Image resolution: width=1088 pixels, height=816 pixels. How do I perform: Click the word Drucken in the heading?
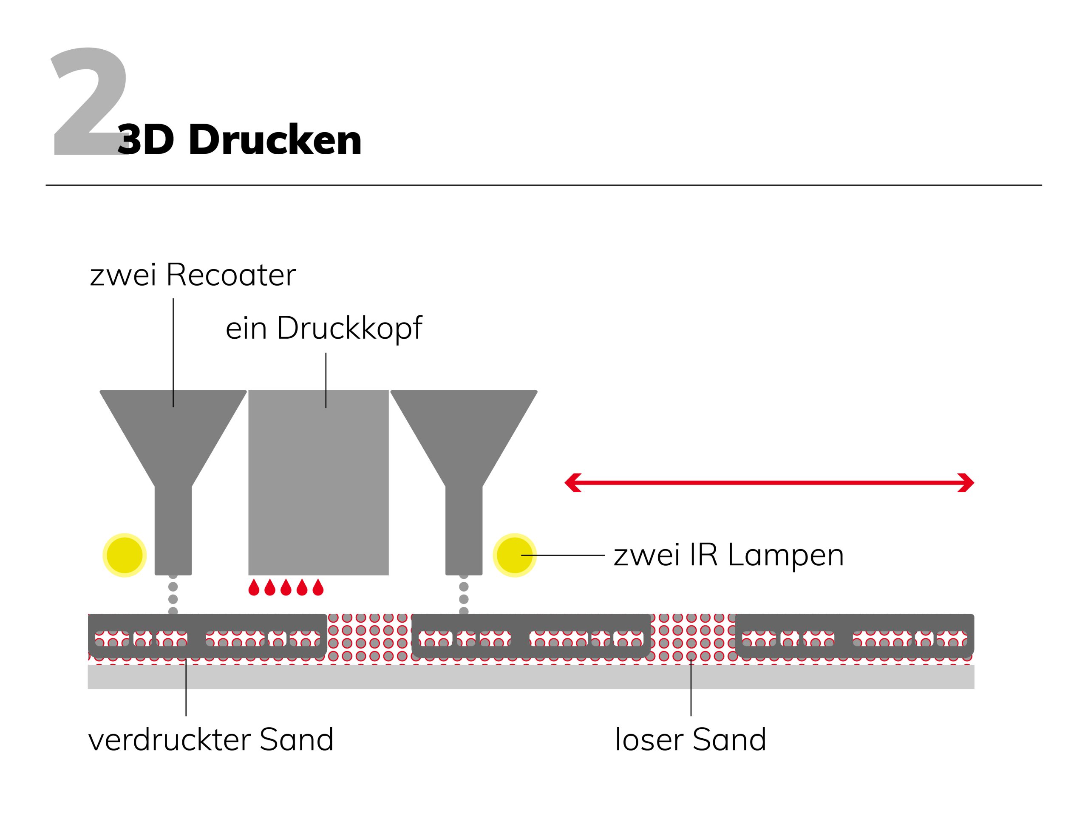tap(275, 140)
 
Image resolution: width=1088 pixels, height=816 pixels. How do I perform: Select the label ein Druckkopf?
tap(324, 328)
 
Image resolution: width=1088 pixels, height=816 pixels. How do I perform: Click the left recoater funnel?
tap(173, 443)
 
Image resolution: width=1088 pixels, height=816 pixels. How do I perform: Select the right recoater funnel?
tap(464, 443)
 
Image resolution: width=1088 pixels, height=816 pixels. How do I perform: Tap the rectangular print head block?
tap(318, 482)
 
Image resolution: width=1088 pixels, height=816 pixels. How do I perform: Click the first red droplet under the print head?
tap(254, 587)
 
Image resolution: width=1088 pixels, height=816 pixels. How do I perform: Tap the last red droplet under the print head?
tap(318, 587)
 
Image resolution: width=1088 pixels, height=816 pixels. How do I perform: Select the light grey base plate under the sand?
tap(531, 677)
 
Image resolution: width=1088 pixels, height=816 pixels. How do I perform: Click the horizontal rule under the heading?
tap(544, 185)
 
